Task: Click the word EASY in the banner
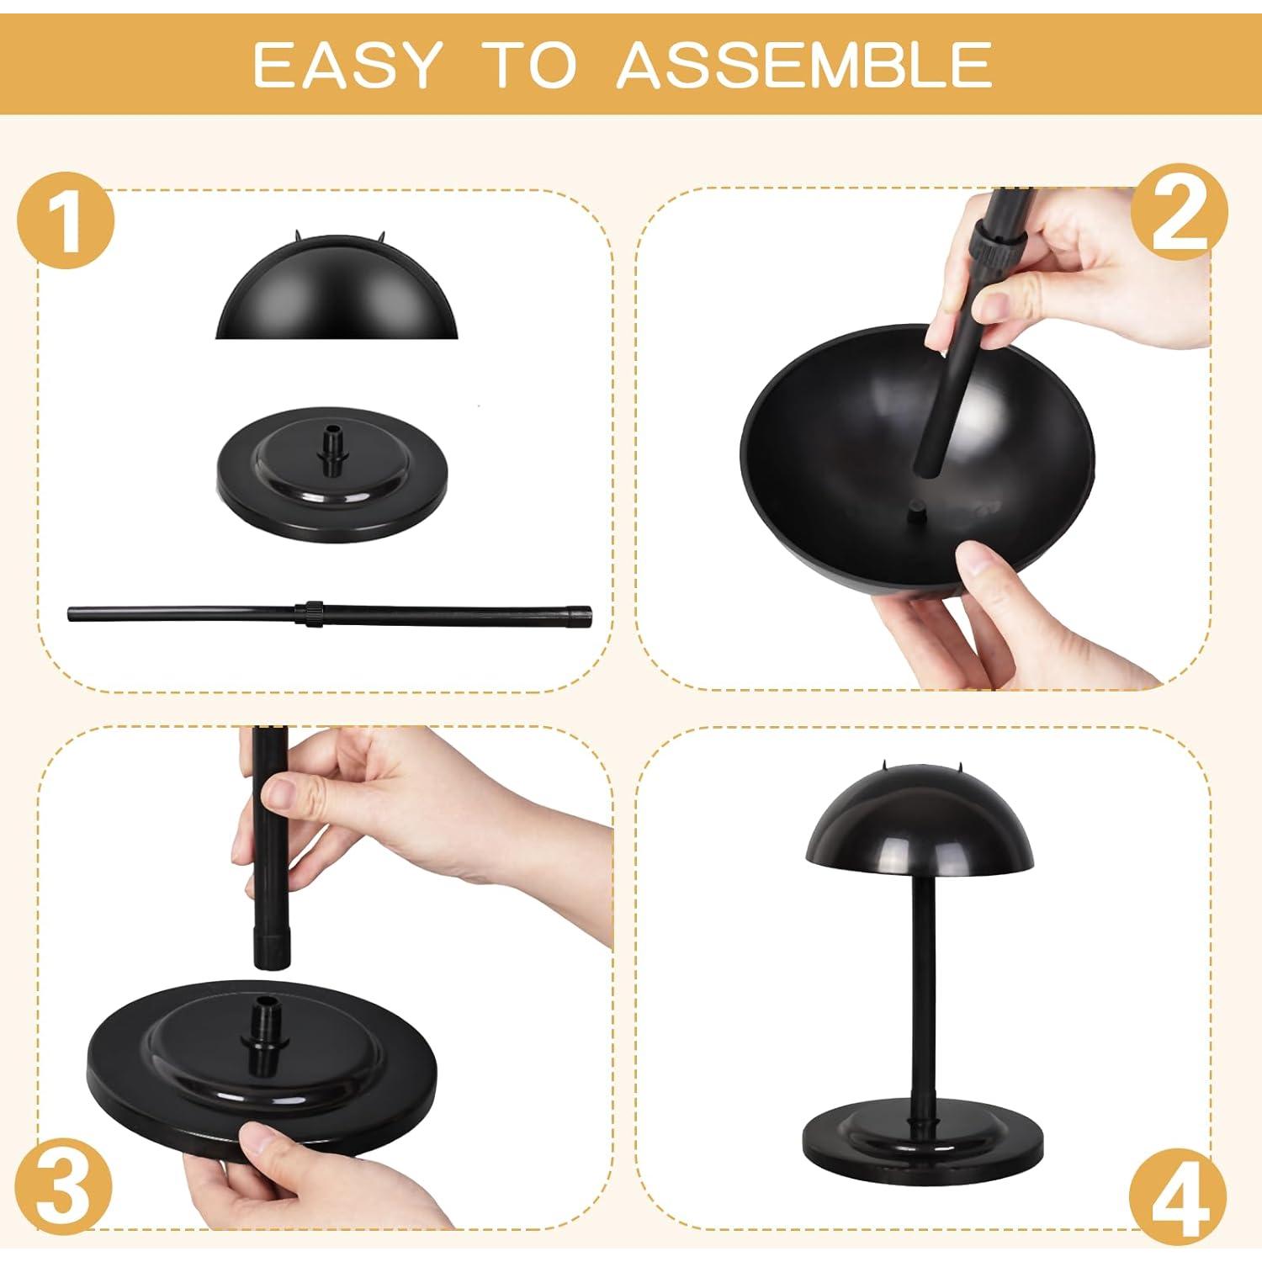point(347,64)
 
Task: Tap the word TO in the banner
point(532,64)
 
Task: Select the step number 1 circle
point(66,221)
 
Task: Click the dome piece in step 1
point(337,294)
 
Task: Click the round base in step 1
point(330,488)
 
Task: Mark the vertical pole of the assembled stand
point(919,993)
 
